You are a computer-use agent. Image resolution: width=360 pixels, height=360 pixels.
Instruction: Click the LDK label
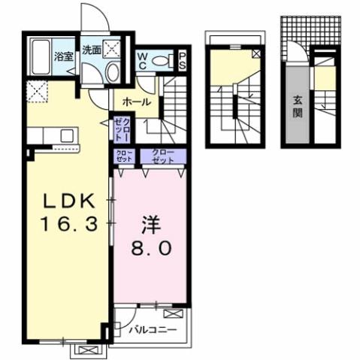tap(67, 201)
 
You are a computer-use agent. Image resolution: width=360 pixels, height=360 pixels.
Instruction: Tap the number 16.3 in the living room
tap(67, 224)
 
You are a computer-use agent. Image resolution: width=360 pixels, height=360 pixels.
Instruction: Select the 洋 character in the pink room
tap(150, 225)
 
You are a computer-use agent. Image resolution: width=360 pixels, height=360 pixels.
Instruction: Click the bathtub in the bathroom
tap(42, 57)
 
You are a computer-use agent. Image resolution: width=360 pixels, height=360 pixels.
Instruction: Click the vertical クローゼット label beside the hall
tap(121, 129)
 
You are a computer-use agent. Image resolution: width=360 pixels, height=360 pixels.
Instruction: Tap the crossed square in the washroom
tap(113, 50)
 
